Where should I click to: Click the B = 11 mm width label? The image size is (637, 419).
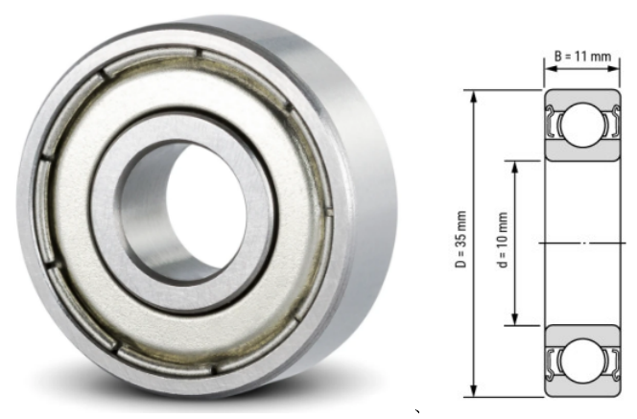tap(581, 58)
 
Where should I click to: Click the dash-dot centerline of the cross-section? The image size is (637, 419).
tap(581, 244)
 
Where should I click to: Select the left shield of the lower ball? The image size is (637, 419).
tap(554, 361)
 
